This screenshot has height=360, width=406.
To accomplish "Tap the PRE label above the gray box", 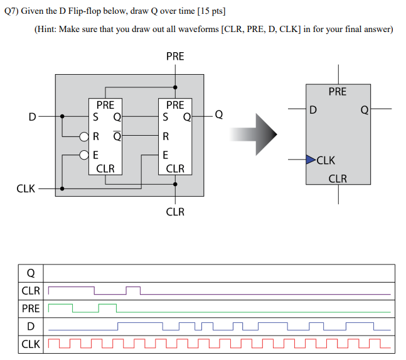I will click(175, 57).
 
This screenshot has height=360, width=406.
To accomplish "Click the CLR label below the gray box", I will click(175, 212).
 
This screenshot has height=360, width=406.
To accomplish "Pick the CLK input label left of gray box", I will click(26, 187).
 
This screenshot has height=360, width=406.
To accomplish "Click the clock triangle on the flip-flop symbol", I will click(311, 160).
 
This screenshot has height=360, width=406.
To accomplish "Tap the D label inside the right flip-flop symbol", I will click(313, 111).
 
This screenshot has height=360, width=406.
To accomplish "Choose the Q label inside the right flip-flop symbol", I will click(364, 111).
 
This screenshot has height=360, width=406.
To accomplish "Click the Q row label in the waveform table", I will click(30, 273).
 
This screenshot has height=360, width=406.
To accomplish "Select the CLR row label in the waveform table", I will click(30, 291).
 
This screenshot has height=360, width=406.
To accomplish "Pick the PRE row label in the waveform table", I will click(30, 308).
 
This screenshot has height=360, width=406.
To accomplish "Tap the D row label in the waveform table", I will click(30, 326).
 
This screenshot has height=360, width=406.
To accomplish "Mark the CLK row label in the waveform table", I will click(30, 344).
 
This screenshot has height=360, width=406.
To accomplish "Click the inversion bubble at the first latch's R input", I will click(83, 136).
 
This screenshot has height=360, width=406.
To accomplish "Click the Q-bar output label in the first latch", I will click(117, 135).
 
